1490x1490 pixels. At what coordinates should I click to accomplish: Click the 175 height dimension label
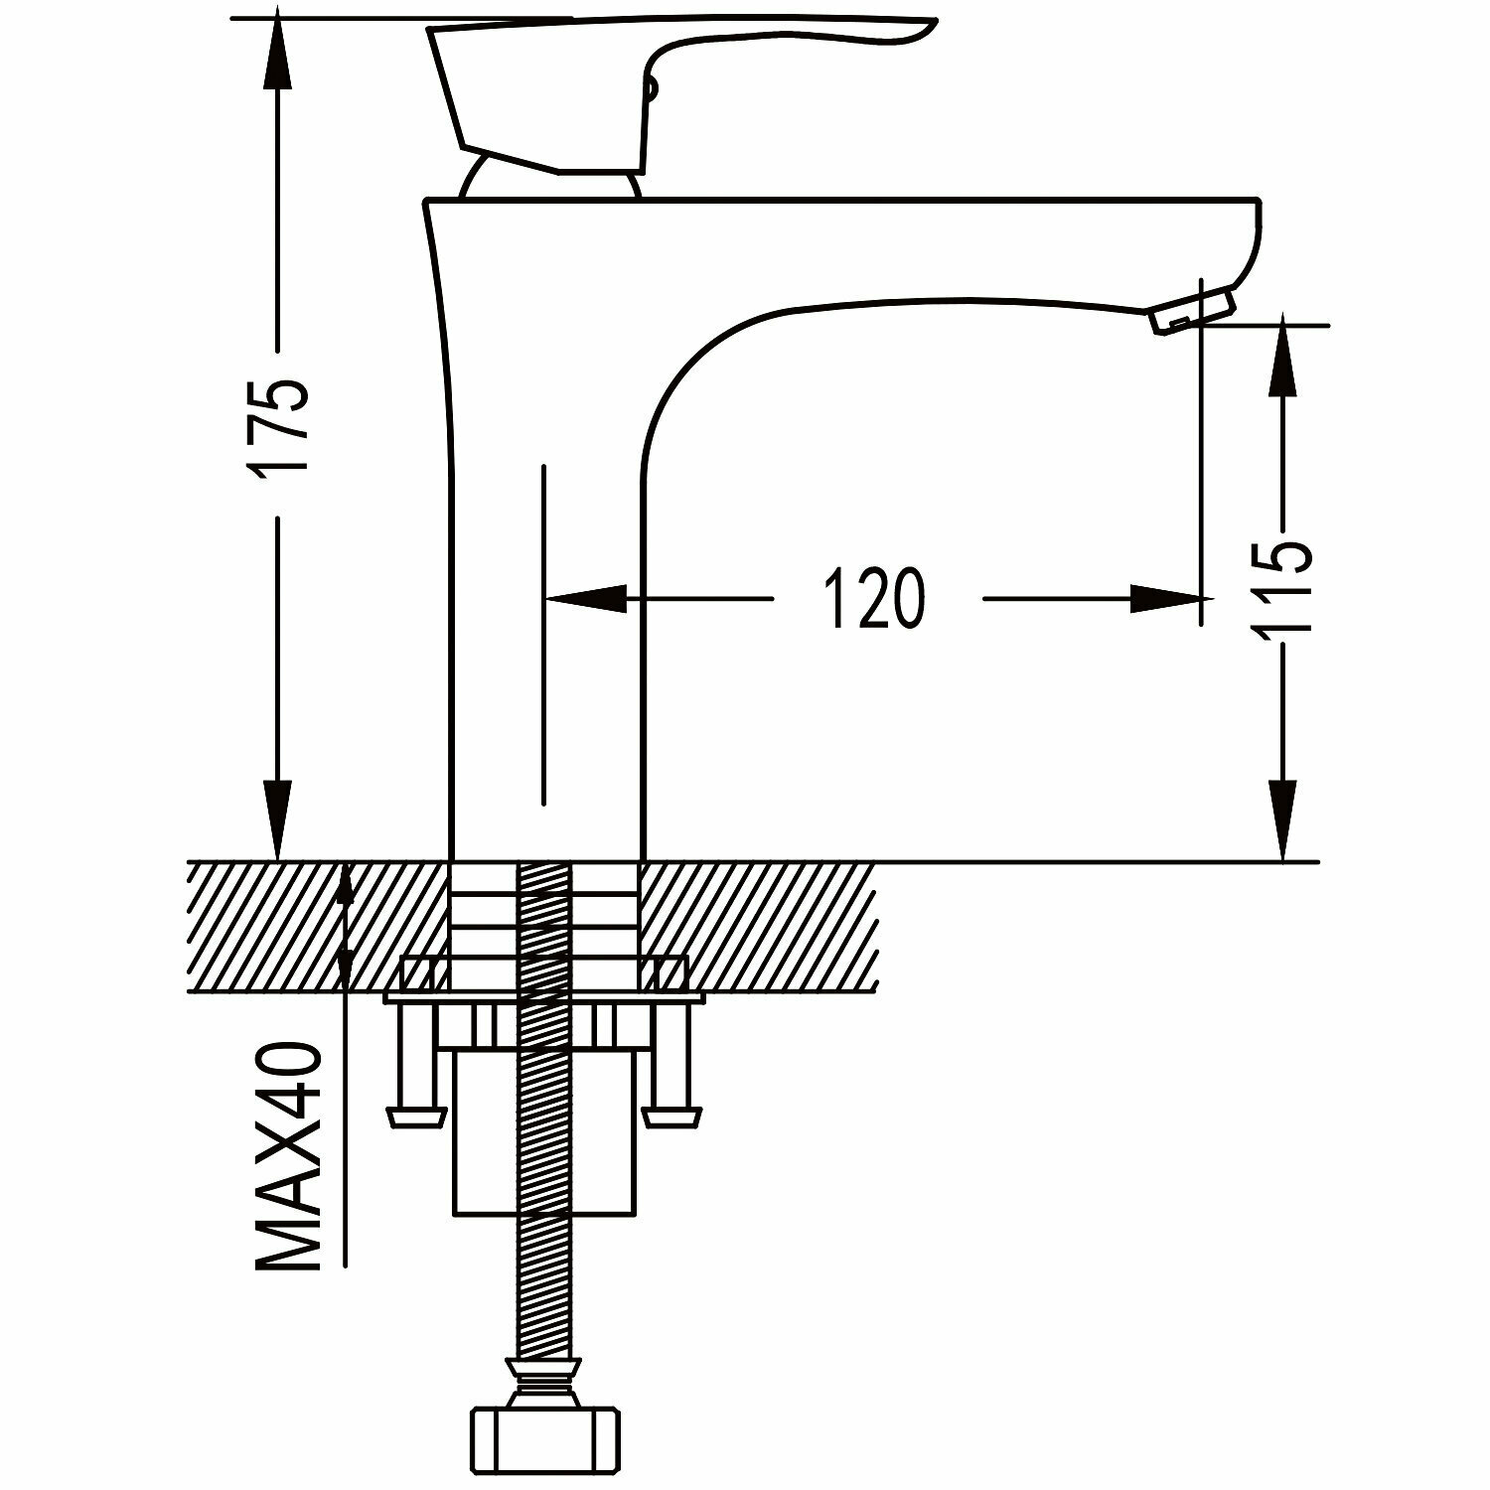pos(281,427)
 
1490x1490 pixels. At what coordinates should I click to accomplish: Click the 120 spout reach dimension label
pos(874,599)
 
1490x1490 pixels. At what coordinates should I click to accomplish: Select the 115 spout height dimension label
pos(1283,586)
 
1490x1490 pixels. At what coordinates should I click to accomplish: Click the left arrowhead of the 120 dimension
pos(586,599)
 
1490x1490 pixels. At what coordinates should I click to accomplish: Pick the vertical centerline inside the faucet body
pos(543,636)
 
